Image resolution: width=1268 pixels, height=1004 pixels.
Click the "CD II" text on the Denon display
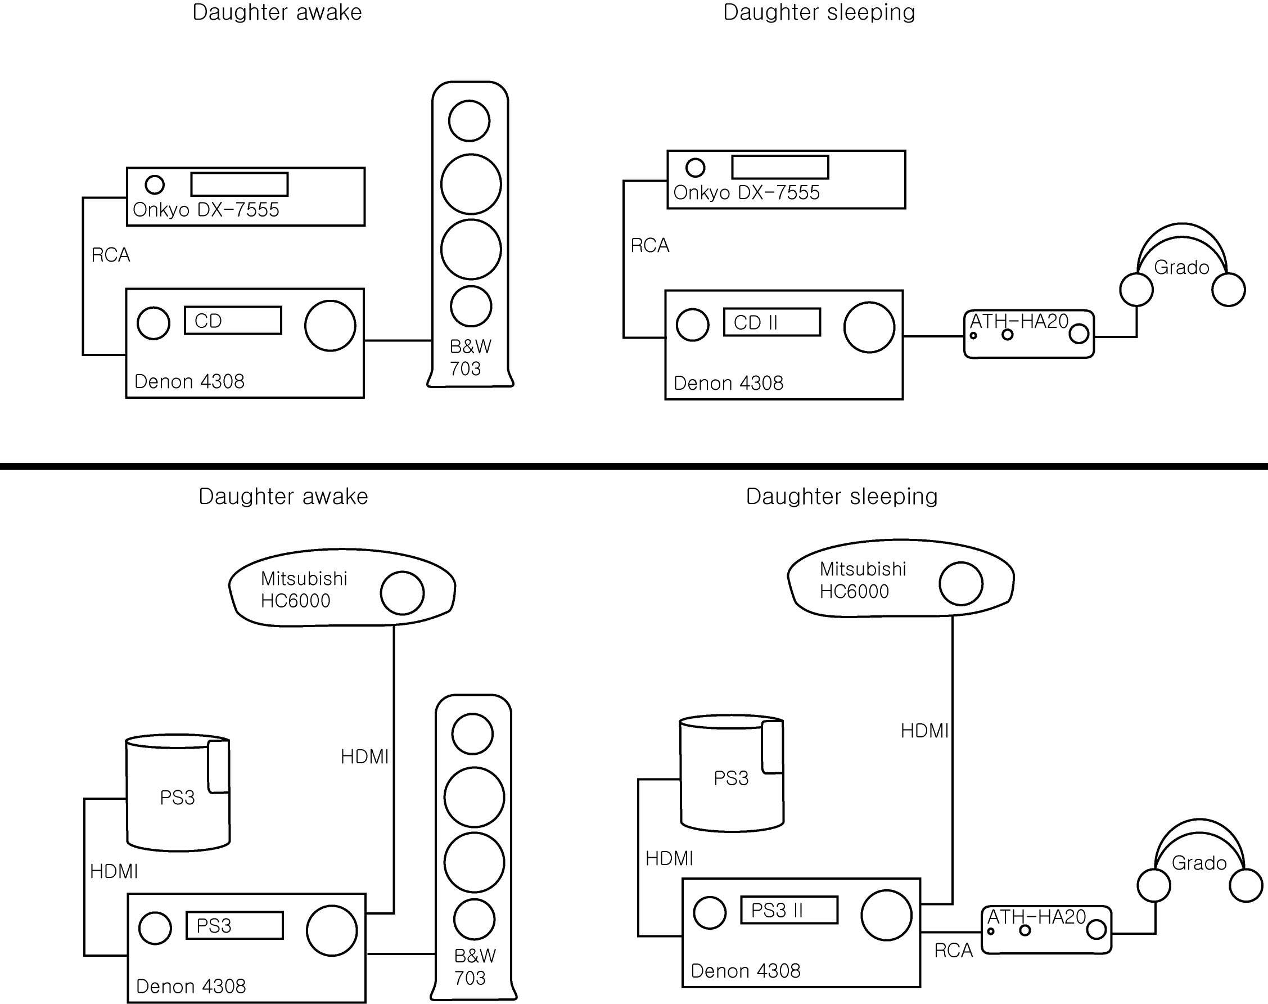click(x=756, y=323)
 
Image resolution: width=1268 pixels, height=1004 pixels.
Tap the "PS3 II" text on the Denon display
click(x=777, y=911)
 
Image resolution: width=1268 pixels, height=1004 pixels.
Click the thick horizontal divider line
click(x=634, y=466)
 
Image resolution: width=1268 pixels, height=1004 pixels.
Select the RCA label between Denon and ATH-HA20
click(x=954, y=951)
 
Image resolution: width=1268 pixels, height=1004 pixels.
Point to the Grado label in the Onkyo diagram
click(x=1181, y=268)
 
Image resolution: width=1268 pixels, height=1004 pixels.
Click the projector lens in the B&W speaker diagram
click(x=403, y=593)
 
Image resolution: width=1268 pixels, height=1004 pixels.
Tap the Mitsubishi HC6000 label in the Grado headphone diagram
click(x=863, y=580)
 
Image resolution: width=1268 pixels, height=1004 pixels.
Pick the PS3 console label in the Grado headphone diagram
click(x=731, y=778)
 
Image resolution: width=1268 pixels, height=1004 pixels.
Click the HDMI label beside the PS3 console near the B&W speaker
click(x=114, y=871)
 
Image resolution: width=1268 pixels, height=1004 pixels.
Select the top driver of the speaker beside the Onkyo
click(x=470, y=120)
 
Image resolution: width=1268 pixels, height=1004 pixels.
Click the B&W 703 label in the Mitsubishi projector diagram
click(x=475, y=967)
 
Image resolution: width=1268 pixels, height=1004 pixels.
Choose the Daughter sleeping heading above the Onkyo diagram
click(x=819, y=12)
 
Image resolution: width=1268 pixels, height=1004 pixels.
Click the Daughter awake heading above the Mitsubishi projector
click(x=283, y=497)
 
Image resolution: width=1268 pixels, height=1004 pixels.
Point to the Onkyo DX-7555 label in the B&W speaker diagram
click(x=206, y=210)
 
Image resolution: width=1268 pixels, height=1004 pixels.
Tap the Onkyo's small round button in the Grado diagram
click(x=696, y=168)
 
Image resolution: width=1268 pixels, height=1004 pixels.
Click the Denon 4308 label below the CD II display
click(x=729, y=383)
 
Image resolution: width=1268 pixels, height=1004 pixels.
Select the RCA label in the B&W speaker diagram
click(x=110, y=255)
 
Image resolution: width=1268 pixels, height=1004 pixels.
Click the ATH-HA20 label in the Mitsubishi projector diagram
click(x=1036, y=917)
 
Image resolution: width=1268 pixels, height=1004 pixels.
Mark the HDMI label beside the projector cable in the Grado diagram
click(x=925, y=731)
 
